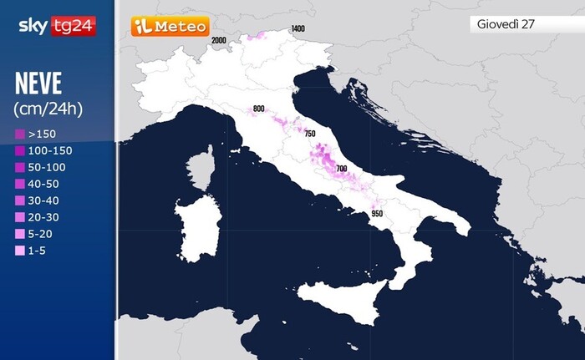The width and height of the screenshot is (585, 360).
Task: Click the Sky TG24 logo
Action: (57, 26)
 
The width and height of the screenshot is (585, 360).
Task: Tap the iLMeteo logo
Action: (170, 27)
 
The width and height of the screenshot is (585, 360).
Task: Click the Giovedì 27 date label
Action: (506, 23)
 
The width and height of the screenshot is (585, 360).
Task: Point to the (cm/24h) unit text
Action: (48, 109)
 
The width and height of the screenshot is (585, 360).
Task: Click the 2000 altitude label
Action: (219, 40)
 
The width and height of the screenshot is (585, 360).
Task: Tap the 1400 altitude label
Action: (298, 29)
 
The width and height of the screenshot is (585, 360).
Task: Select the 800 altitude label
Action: (258, 109)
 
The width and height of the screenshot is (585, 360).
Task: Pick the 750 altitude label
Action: (309, 134)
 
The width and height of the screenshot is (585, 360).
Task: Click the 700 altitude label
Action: (341, 169)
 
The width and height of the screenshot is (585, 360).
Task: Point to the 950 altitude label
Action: (377, 214)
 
